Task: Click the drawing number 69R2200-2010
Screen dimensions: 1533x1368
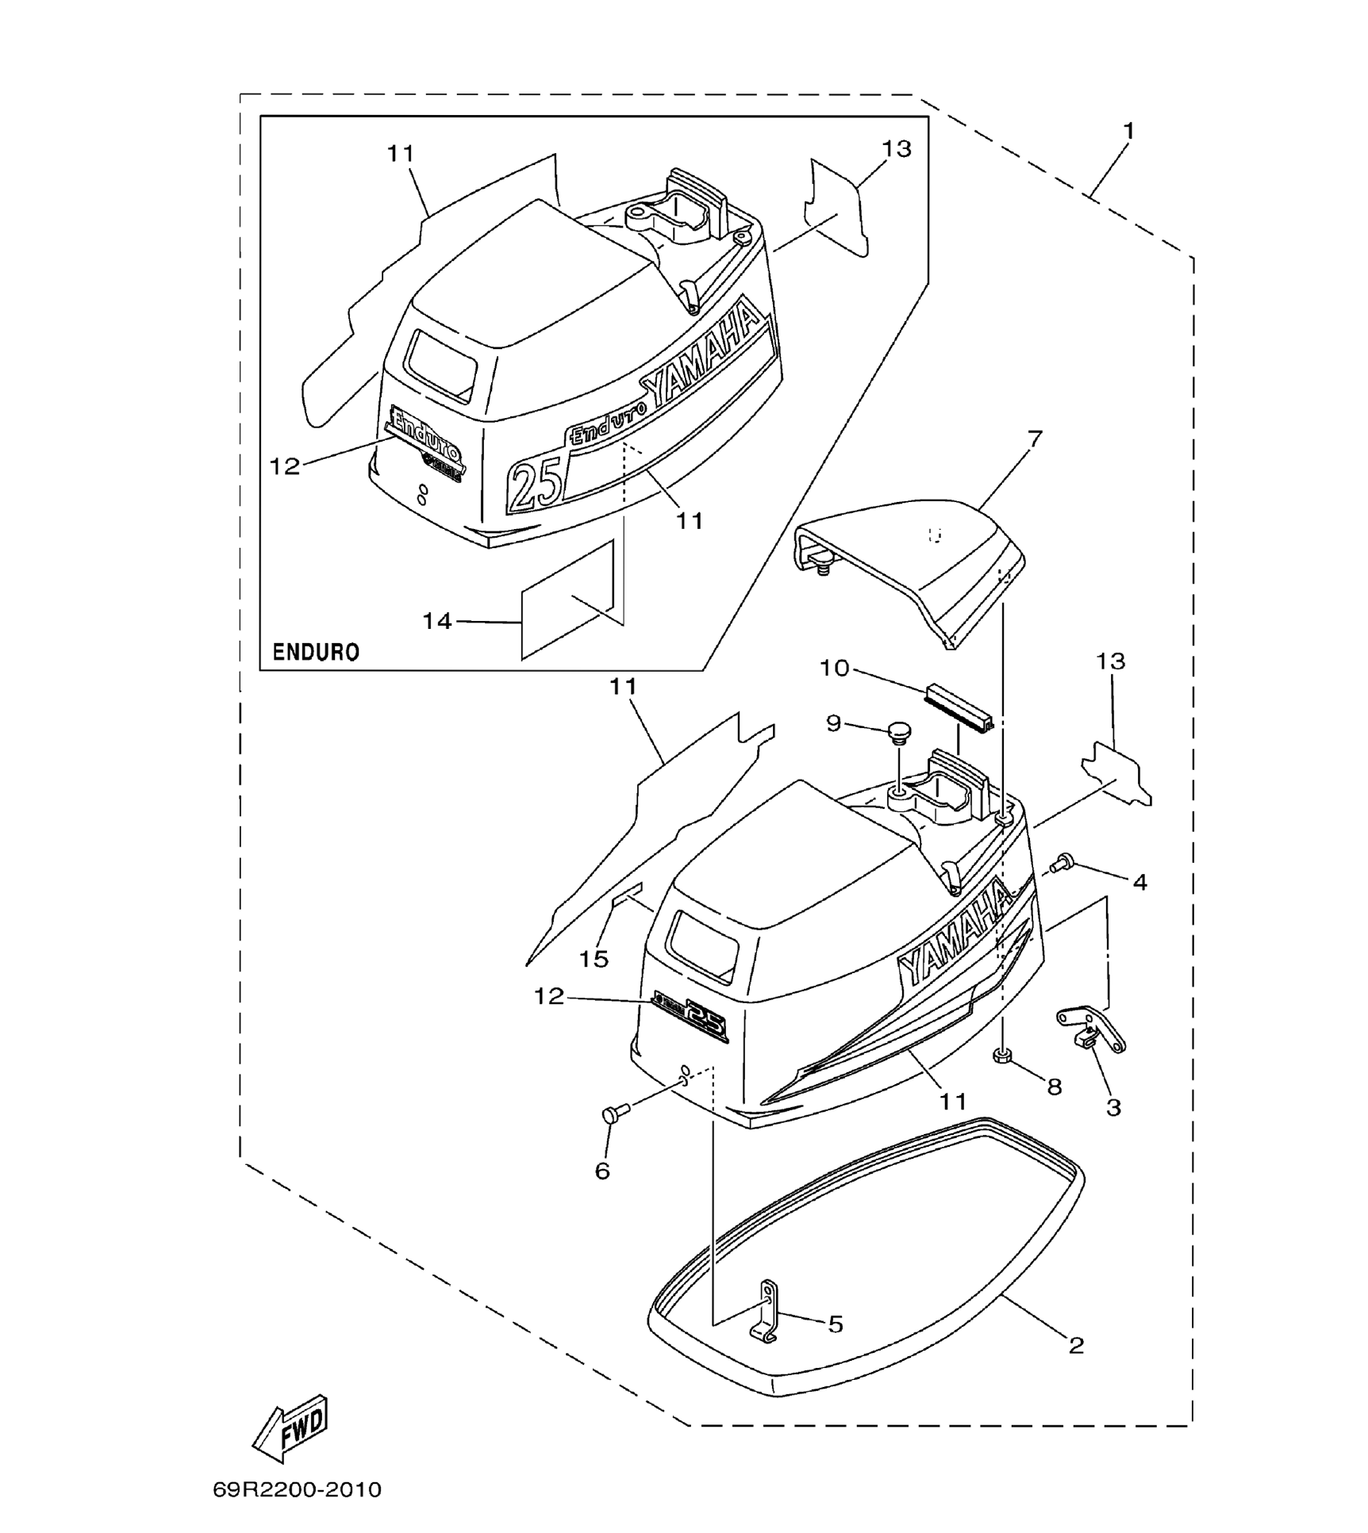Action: pyautogui.click(x=297, y=1489)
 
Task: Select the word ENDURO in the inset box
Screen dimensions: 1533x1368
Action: pyautogui.click(x=316, y=652)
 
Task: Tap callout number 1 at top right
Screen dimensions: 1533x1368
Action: pyautogui.click(x=1128, y=132)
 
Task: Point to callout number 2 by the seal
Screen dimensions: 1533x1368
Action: pyautogui.click(x=1076, y=1345)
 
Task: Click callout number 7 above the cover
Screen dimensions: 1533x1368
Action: pyautogui.click(x=1034, y=439)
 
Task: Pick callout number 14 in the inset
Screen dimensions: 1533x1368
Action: pyautogui.click(x=437, y=621)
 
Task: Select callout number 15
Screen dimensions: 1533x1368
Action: pyautogui.click(x=593, y=959)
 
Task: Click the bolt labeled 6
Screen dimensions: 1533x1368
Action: pyautogui.click(x=615, y=1113)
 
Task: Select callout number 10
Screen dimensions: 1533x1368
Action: pyautogui.click(x=834, y=668)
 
